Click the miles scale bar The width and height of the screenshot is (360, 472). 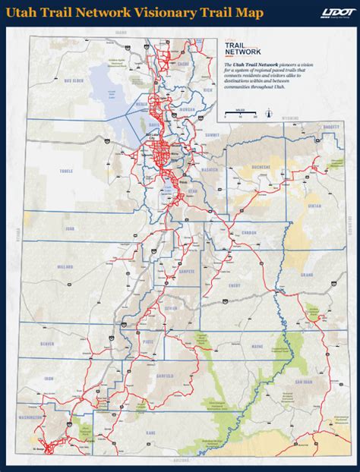click(x=242, y=114)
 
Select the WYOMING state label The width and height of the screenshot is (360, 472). click(x=292, y=118)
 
